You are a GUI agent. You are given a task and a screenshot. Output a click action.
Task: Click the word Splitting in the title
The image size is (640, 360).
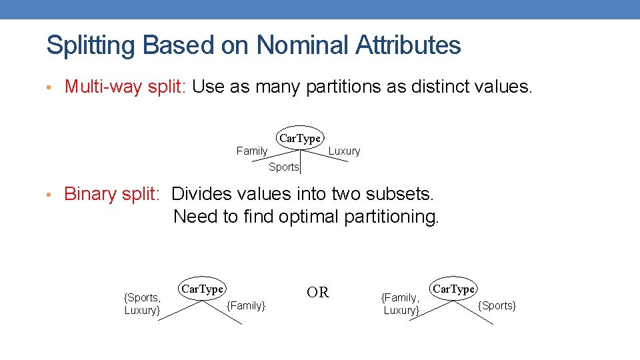[91, 46]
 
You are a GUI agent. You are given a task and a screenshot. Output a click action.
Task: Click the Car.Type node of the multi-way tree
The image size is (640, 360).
[299, 138]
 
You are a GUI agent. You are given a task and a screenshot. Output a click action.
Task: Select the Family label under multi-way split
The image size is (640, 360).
[252, 151]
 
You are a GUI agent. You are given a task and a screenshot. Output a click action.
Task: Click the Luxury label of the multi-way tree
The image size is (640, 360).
[344, 151]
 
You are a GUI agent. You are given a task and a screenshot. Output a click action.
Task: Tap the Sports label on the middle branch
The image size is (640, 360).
[283, 167]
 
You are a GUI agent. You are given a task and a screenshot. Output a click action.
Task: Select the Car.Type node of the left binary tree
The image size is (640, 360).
[202, 289]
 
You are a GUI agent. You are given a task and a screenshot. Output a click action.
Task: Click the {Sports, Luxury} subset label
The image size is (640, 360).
[142, 304]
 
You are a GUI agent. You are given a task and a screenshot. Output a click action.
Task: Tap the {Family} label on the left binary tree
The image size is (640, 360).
[246, 306]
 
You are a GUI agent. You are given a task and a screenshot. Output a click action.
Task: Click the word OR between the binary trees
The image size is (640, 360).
[318, 293]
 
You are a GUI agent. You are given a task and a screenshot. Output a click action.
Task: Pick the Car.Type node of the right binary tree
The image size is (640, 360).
[453, 289]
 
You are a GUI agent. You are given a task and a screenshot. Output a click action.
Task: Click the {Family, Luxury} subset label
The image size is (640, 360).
[400, 304]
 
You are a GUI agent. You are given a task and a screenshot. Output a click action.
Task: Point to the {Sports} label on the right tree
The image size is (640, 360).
[497, 306]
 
